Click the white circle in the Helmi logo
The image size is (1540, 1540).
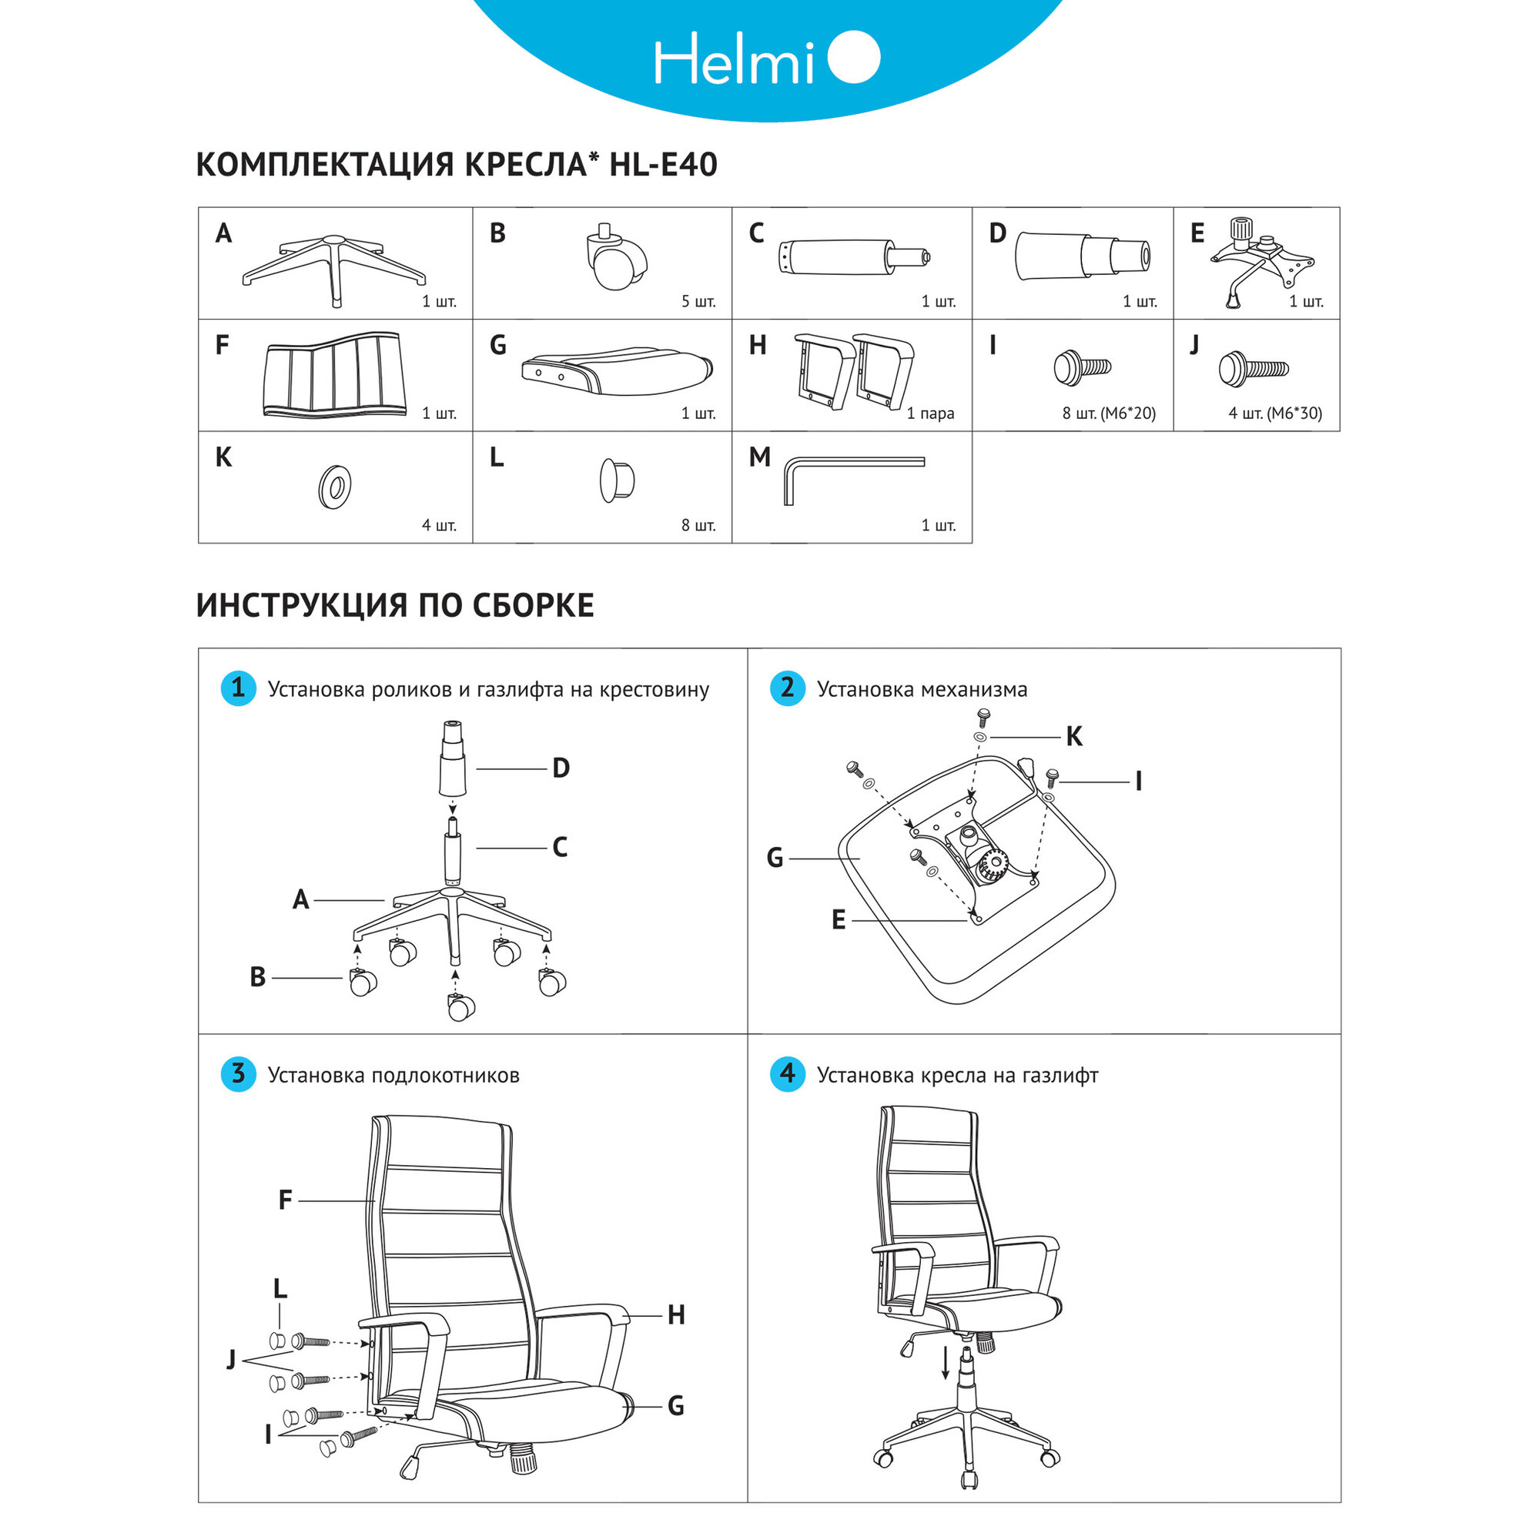point(854,58)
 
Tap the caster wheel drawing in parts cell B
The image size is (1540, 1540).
point(615,258)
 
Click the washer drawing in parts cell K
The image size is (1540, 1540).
point(335,487)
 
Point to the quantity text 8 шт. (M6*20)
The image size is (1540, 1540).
point(1108,413)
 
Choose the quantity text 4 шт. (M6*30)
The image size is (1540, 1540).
point(1274,413)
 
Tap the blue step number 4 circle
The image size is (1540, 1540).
point(787,1073)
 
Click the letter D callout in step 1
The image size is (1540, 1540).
point(561,768)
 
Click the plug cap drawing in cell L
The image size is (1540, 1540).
point(616,480)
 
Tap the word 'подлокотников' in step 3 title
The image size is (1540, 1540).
point(445,1075)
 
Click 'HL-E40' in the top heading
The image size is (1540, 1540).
point(663,165)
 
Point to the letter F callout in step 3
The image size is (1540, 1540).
point(286,1200)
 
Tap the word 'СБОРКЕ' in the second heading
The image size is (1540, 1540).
point(533,607)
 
